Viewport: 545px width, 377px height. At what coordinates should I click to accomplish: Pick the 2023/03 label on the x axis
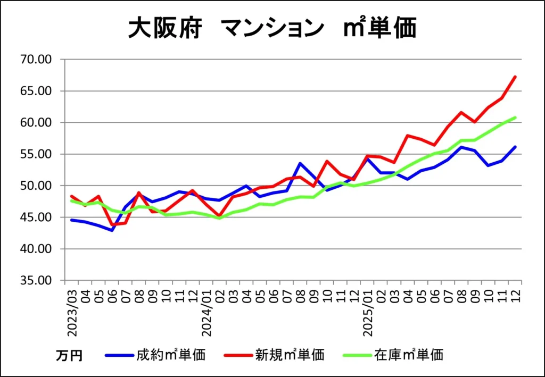coord(72,313)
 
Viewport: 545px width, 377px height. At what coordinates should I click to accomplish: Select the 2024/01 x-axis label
coord(207,313)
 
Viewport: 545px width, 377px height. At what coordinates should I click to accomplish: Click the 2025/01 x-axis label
coord(368,313)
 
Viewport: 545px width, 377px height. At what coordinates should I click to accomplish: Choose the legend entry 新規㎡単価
coord(290,355)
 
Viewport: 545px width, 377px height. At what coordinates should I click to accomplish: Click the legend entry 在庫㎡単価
coord(408,355)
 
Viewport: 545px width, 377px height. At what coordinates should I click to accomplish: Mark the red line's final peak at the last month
coord(515,77)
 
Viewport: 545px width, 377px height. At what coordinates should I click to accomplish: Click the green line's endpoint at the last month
coord(515,118)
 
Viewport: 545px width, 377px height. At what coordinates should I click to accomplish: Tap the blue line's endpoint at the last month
coord(515,147)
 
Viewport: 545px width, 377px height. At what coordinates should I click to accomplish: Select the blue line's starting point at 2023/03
coord(71,220)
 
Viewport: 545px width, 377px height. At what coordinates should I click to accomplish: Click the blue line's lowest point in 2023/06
coord(112,230)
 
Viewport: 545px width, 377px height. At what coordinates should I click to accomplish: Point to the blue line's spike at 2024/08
coord(300,163)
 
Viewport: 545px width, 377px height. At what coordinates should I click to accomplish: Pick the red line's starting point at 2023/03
coord(71,196)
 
